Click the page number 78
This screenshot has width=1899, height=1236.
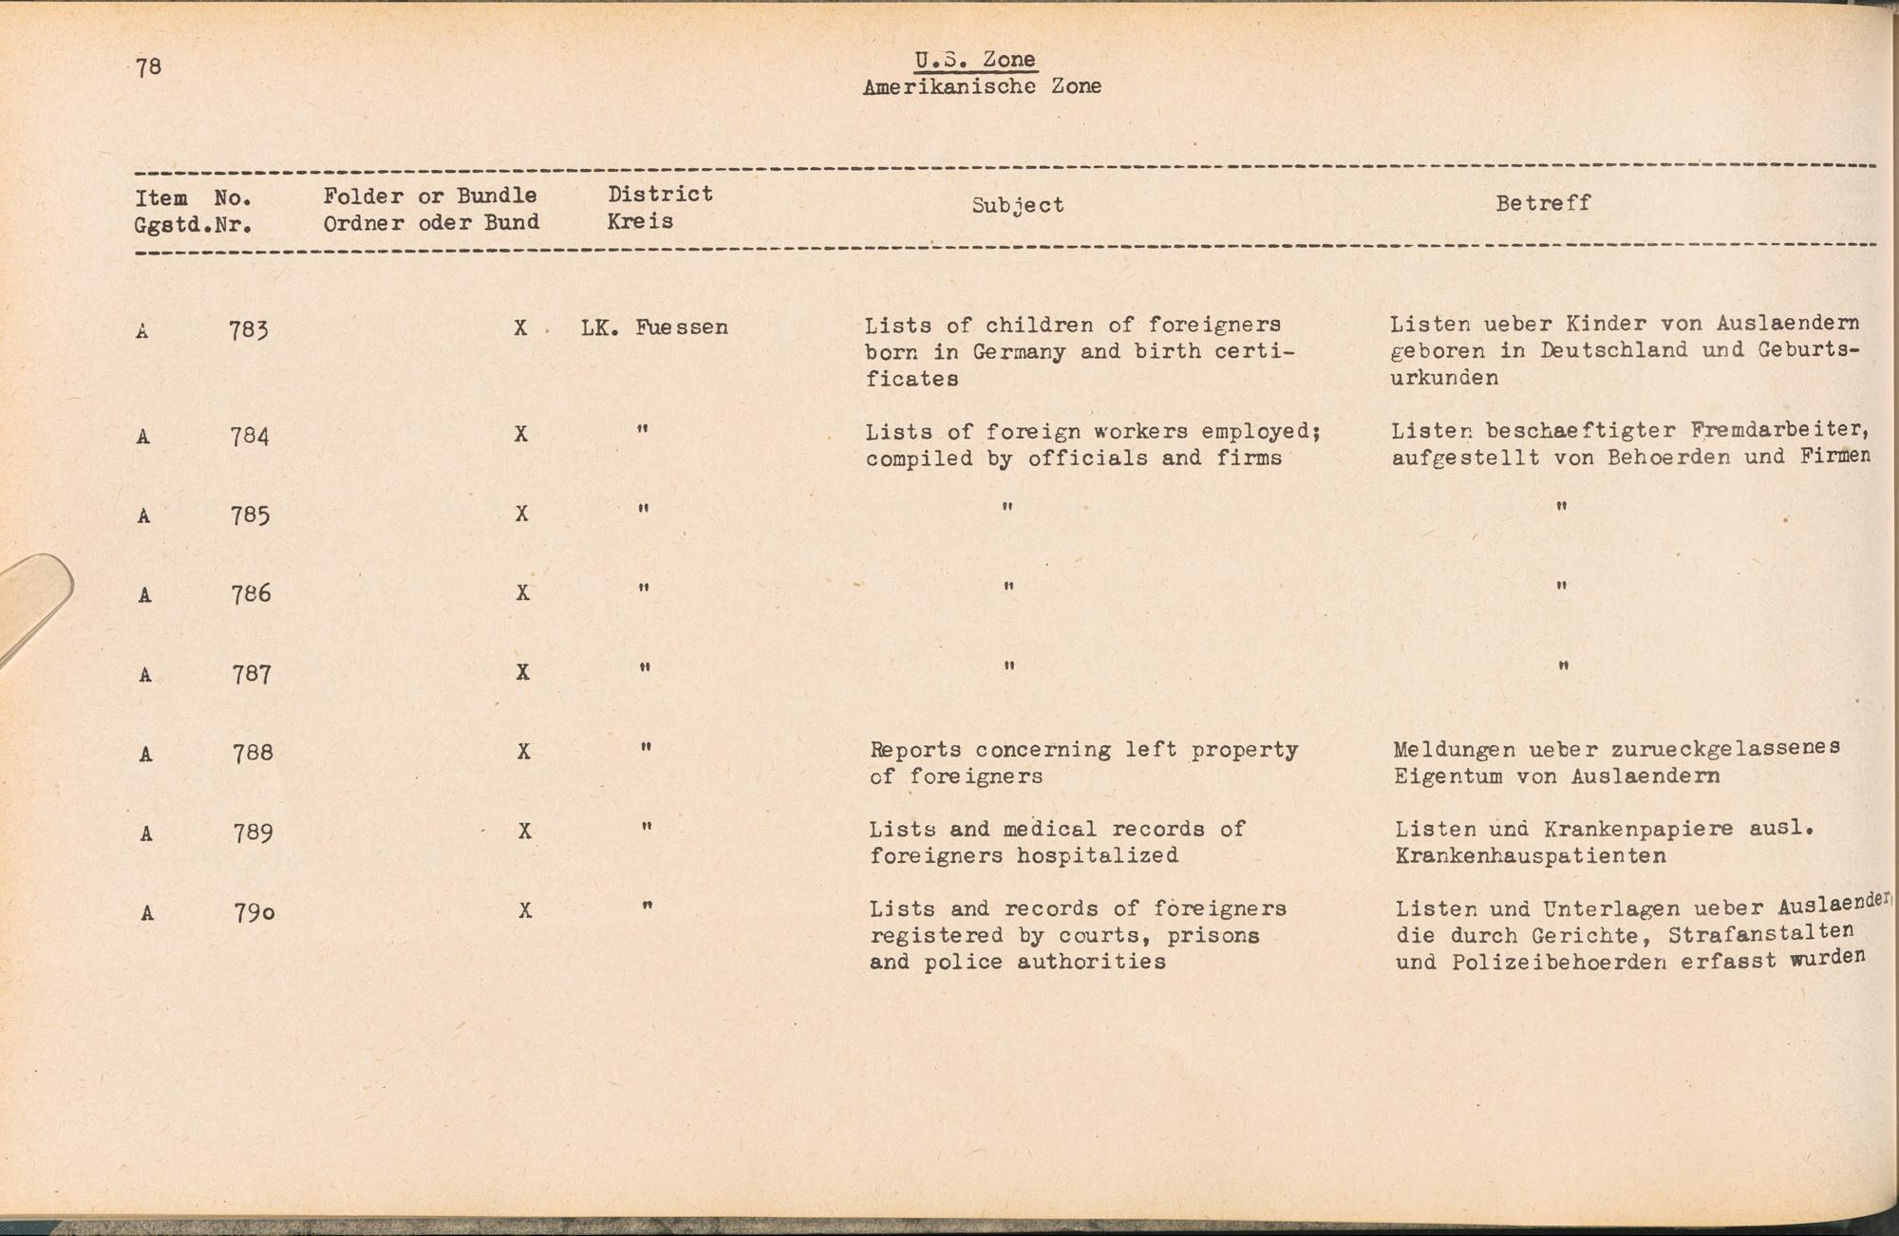[149, 66]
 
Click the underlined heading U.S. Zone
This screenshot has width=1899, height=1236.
[974, 60]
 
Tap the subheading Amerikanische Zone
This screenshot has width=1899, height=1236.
[982, 86]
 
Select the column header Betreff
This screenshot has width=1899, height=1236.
[1542, 203]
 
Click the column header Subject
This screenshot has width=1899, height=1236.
[1017, 205]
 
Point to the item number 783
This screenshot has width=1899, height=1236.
[249, 330]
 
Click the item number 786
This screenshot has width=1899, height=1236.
[252, 594]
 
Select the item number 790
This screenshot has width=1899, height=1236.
[254, 913]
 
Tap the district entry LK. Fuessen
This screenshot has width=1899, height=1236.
[654, 328]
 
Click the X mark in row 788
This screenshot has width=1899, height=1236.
[523, 752]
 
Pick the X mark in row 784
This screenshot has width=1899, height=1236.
[520, 434]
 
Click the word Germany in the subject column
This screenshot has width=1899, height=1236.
[1019, 352]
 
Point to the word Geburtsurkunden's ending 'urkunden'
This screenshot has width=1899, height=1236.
[1444, 378]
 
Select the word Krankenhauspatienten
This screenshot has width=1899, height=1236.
[1530, 856]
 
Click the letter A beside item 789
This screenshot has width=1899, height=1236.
[146, 834]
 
